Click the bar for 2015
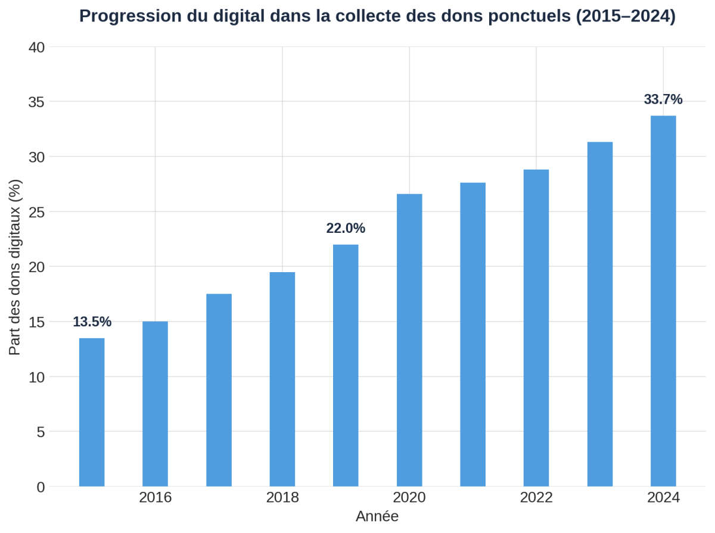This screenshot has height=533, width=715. coord(92,412)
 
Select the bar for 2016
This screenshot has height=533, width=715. coord(155,404)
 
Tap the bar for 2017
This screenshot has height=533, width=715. coord(219,390)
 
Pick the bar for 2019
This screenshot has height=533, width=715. coord(346,365)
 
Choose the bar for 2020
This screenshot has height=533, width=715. coord(409,340)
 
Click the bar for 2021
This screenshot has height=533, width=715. coord(472,334)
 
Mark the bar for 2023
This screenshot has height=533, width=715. coord(599,314)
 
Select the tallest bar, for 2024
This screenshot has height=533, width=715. coord(663,301)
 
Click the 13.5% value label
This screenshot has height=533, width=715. coord(92,322)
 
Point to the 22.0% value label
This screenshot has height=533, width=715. coord(346,228)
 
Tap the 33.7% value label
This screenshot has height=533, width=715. coord(663,99)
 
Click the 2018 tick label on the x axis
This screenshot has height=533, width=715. coord(282,497)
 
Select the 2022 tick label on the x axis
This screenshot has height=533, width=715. coord(536,497)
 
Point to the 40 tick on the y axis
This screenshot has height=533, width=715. coord(37,46)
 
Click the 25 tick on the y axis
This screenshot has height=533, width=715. coord(37,211)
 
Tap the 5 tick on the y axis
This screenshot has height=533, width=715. coord(41,432)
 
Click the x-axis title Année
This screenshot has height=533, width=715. coord(377,516)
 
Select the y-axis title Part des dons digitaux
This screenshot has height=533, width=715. coord(15,267)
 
